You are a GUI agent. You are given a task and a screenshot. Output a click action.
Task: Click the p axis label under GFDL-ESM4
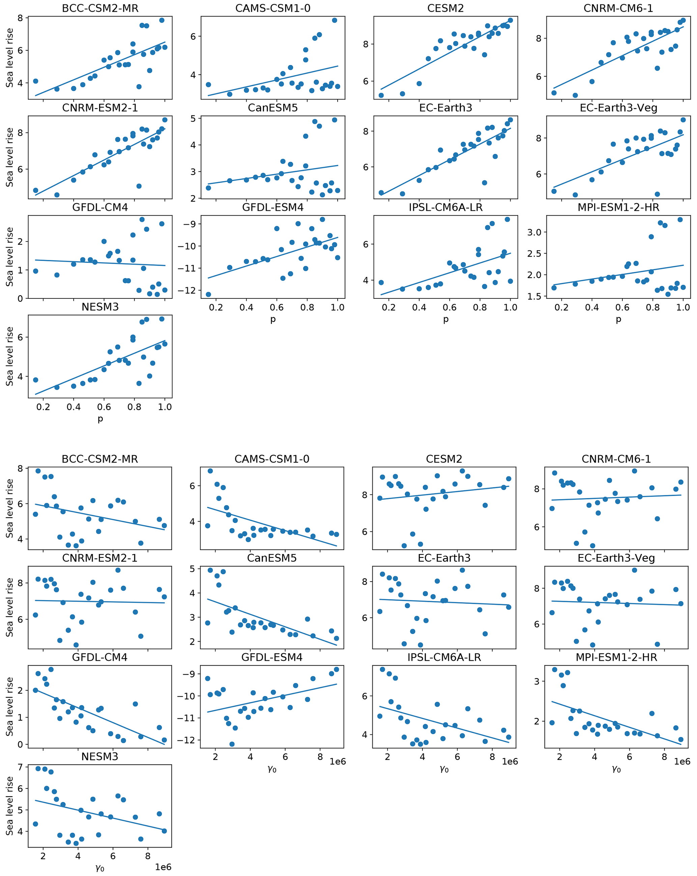pyautogui.click(x=273, y=319)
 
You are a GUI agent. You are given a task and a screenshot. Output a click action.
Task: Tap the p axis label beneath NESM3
pyautogui.click(x=100, y=418)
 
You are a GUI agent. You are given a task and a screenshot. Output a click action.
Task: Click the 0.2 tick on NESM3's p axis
pyautogui.click(x=43, y=407)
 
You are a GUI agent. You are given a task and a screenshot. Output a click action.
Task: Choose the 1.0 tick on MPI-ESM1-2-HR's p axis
pyautogui.click(x=683, y=308)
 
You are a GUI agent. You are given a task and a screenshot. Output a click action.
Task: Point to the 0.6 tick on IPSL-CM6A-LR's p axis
pyautogui.click(x=449, y=308)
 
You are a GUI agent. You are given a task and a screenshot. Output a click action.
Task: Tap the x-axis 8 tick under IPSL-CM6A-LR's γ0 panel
pyautogui.click(x=492, y=757)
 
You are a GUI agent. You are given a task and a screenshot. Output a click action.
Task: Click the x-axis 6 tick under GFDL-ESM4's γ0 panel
pyautogui.click(x=285, y=757)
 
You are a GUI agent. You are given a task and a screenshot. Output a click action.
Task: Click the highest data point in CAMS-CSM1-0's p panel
pyautogui.click(x=335, y=20)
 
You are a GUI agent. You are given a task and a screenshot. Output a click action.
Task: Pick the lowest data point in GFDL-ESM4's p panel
pyautogui.click(x=208, y=294)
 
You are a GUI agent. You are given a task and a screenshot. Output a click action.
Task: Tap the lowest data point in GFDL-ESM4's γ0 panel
pyautogui.click(x=232, y=744)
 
